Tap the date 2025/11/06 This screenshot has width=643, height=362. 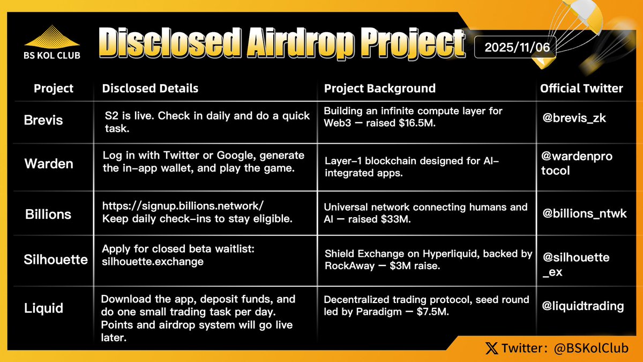pos(514,47)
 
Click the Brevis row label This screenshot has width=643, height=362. pos(43,120)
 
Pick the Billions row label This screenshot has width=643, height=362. pos(48,214)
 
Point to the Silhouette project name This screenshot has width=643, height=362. pos(56,260)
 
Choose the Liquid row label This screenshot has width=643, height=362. pos(43,308)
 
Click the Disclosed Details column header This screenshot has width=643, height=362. pos(150,88)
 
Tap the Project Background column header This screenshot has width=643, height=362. pos(379,88)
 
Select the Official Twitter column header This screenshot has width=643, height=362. pos(581,88)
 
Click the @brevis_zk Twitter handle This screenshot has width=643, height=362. pos(574,118)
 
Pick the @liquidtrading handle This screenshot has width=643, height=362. pos(583,306)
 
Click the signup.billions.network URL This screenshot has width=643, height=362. pos(183,206)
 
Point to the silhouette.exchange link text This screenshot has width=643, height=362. pos(153,262)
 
